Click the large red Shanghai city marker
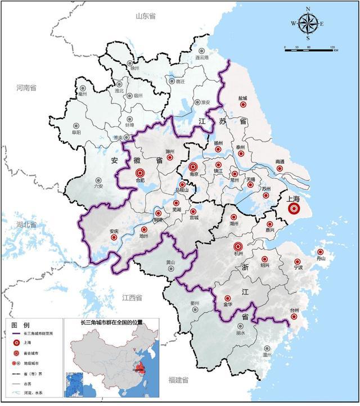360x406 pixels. click(294, 209)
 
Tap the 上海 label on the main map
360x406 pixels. click(294, 198)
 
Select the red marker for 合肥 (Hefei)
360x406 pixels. click(140, 172)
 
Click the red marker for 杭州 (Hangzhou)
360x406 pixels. click(237, 246)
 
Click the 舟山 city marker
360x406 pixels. click(320, 252)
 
